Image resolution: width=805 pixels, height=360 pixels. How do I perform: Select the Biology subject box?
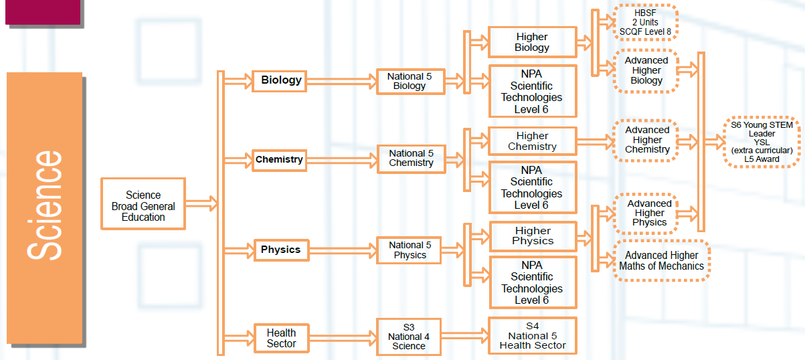(x=281, y=80)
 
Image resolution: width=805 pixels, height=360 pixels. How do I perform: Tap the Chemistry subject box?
(x=279, y=160)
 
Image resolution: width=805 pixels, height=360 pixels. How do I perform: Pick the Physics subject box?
(x=280, y=250)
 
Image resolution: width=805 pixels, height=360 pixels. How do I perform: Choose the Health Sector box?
(x=281, y=338)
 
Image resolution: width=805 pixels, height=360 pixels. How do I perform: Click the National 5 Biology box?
(x=410, y=82)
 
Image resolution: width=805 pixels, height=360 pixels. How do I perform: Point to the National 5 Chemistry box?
(x=411, y=159)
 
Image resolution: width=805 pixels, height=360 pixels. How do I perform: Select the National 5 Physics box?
(x=410, y=250)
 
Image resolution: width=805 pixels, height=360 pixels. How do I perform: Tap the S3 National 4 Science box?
(x=408, y=336)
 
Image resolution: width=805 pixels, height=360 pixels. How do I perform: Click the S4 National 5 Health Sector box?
(x=533, y=336)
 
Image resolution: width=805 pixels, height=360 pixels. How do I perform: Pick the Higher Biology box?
(x=532, y=42)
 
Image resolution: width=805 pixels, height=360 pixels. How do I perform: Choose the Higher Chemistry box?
(x=532, y=141)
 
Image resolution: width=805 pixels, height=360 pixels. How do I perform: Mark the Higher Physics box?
(x=533, y=236)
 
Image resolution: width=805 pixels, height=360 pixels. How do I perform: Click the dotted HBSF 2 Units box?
(x=645, y=21)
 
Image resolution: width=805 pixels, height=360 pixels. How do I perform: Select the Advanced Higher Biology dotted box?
(x=646, y=70)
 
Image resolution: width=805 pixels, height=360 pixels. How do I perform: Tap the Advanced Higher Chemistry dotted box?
(x=646, y=140)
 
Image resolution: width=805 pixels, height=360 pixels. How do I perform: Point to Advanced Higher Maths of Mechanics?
(x=661, y=260)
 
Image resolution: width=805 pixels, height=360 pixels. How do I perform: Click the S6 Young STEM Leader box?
(x=762, y=142)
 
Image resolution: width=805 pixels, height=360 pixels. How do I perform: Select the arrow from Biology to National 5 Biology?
(x=341, y=81)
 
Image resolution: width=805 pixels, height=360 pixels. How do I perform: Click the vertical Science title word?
(x=46, y=205)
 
